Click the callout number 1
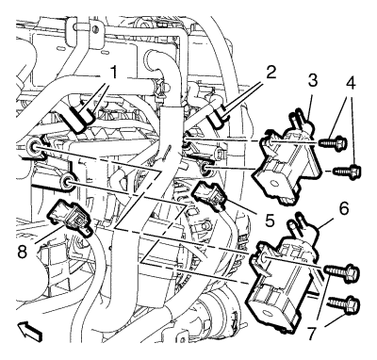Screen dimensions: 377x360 coord(113,74)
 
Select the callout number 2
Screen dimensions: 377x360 coord(270,74)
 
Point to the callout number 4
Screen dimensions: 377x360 coord(351,82)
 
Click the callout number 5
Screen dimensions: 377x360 coord(269,220)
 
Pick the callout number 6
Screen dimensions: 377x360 coord(344,208)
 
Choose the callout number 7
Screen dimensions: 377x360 coord(311,334)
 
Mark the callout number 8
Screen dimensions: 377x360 coord(23,252)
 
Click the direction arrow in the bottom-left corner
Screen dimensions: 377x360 coord(30,333)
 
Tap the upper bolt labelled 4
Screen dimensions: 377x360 coord(333,144)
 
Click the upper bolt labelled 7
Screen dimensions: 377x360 coord(341,271)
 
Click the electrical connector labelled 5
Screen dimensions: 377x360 coord(209,197)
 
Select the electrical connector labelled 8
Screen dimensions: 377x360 coord(70,217)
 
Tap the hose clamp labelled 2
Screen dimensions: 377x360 coord(217,118)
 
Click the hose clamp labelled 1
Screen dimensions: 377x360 coord(77,119)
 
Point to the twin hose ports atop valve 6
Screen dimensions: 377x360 coord(298,224)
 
